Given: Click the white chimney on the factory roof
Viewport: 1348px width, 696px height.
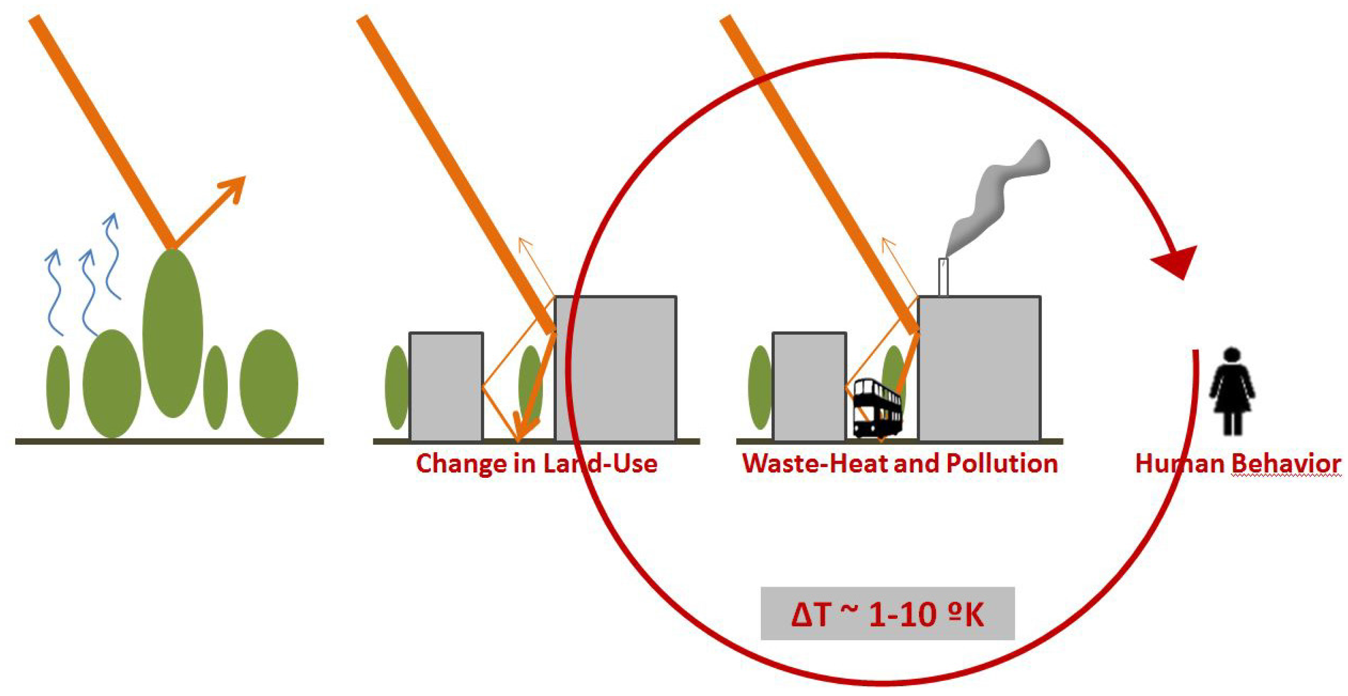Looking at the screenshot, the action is coord(943,277).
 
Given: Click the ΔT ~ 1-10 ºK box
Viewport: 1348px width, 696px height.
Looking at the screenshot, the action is coord(888,614).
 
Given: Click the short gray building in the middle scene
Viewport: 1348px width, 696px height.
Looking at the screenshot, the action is coord(446,386).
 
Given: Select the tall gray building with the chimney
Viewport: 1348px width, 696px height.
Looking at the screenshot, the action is coord(979,368).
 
